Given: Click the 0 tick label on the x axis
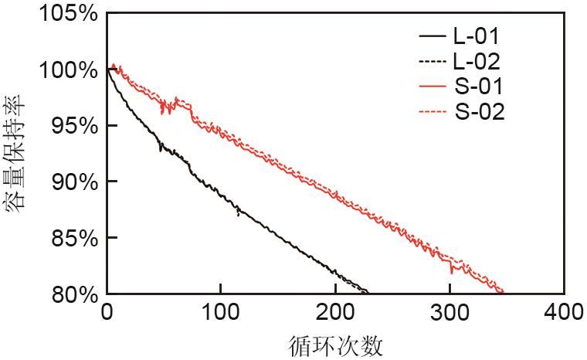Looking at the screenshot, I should (x=107, y=313).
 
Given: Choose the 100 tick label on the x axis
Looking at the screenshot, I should (x=221, y=313).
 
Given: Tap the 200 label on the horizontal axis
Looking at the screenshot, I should (x=335, y=313).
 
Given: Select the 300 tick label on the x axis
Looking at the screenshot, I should (x=450, y=313).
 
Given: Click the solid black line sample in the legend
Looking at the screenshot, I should (x=433, y=36).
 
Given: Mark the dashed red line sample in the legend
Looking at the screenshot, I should (x=433, y=112).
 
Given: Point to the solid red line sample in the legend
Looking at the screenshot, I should (x=433, y=87).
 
